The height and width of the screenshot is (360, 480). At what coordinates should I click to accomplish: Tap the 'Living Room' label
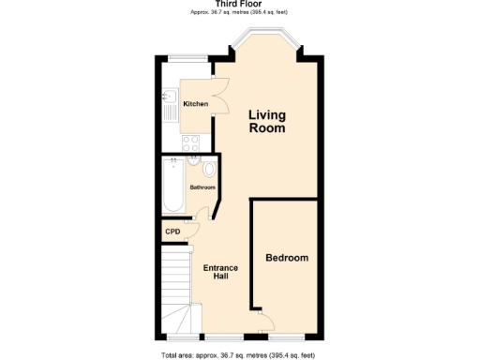(267, 122)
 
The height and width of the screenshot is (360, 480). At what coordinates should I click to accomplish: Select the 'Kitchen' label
(195, 103)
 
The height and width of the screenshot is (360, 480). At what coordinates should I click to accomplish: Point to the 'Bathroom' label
(202, 187)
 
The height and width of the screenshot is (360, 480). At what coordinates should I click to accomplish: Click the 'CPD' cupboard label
(172, 232)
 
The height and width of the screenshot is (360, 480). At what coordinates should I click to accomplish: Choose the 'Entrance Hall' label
(221, 273)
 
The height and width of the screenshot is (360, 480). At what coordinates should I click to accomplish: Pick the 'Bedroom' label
(286, 258)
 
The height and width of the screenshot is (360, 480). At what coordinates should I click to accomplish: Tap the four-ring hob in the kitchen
(189, 143)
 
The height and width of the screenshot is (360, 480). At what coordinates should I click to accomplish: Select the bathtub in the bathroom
(173, 185)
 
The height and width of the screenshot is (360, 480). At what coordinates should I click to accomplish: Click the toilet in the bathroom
(208, 169)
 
